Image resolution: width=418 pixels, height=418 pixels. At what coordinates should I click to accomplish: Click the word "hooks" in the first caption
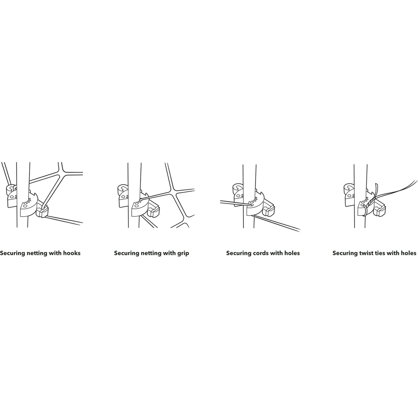tap(72, 253)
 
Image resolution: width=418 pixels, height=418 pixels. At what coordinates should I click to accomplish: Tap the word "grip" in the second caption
tap(183, 253)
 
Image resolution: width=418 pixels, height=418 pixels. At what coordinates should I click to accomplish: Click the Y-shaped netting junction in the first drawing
tap(61, 173)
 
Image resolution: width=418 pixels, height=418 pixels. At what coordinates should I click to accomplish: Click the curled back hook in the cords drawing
tap(238, 188)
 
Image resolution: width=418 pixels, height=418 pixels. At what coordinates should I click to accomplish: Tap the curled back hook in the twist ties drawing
tap(349, 188)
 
